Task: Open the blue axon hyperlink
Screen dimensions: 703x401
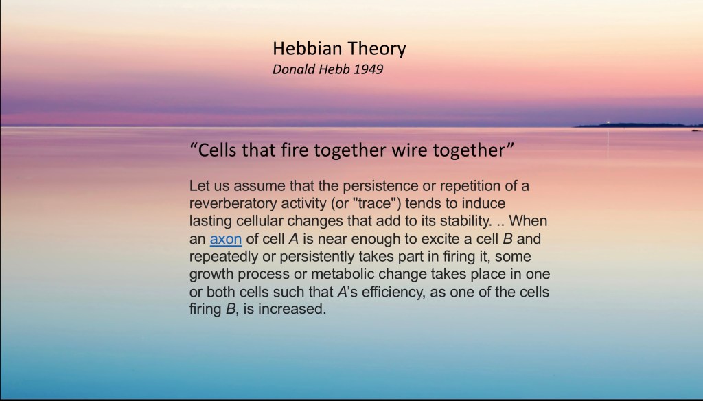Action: coord(226,239)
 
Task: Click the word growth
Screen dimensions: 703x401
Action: coord(211,275)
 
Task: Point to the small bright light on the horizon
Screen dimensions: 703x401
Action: coord(608,122)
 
